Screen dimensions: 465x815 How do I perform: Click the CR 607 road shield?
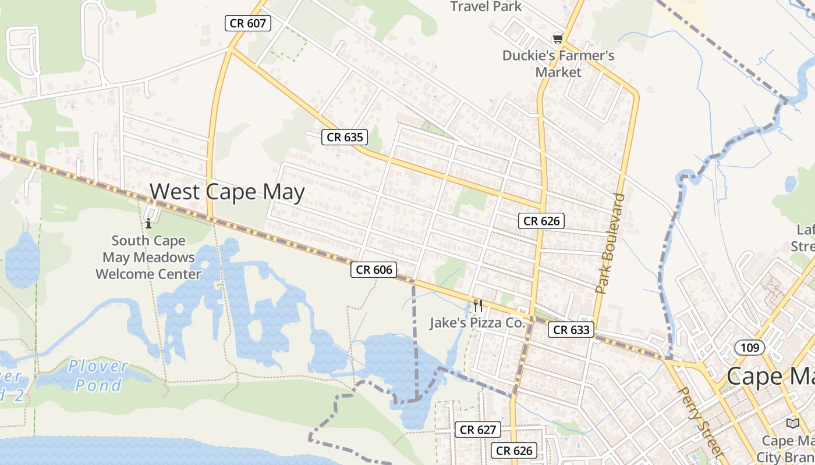click(248, 24)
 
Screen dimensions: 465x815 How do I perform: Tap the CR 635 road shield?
click(345, 137)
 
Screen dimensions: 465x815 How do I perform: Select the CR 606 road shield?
click(374, 270)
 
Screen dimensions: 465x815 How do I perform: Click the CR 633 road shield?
click(571, 330)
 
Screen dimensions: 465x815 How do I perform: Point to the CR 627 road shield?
click(477, 430)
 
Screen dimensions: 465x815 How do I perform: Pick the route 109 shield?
click(750, 348)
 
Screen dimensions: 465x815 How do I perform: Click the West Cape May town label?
click(227, 192)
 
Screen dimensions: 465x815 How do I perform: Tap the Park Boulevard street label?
click(610, 243)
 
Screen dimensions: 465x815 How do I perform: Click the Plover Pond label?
click(98, 375)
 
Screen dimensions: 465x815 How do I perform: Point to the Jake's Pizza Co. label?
click(477, 323)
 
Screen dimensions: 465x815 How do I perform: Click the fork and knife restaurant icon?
click(478, 305)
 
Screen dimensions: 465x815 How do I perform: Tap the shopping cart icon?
click(558, 39)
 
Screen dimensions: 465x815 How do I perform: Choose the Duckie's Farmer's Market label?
click(558, 64)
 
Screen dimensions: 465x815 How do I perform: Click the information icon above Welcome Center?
click(148, 223)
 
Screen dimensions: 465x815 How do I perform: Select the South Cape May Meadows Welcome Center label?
click(148, 257)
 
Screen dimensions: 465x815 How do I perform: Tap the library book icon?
click(792, 423)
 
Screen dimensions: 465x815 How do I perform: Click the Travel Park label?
click(486, 7)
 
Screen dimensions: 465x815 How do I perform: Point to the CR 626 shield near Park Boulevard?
click(541, 221)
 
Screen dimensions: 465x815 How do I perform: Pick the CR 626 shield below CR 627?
click(515, 450)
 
